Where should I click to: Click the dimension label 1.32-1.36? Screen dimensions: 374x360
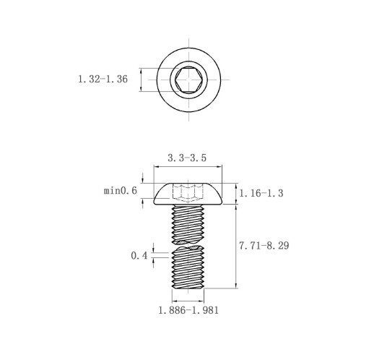[x=103, y=79]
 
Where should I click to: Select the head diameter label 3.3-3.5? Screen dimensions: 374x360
[x=187, y=158]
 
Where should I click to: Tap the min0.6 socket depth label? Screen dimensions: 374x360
[x=121, y=191]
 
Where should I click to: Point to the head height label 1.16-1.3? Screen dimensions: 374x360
[x=261, y=193]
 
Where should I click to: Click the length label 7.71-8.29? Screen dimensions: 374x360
[x=264, y=246]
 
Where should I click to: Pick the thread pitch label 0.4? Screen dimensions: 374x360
[x=139, y=255]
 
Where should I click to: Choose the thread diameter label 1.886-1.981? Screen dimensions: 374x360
[x=188, y=310]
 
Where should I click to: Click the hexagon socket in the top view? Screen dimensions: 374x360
[x=188, y=80]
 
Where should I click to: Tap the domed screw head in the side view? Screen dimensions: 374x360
[x=188, y=194]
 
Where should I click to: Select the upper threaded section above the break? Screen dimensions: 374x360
[x=188, y=224]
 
